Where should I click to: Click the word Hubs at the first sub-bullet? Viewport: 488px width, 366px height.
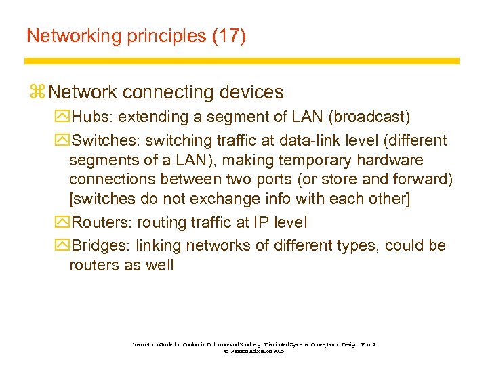(x=91, y=117)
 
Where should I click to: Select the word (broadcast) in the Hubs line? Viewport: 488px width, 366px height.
(x=369, y=117)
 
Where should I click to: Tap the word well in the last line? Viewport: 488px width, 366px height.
(x=159, y=265)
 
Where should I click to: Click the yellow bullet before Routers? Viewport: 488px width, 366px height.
(x=63, y=222)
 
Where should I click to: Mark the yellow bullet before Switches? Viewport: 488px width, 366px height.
(x=63, y=141)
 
